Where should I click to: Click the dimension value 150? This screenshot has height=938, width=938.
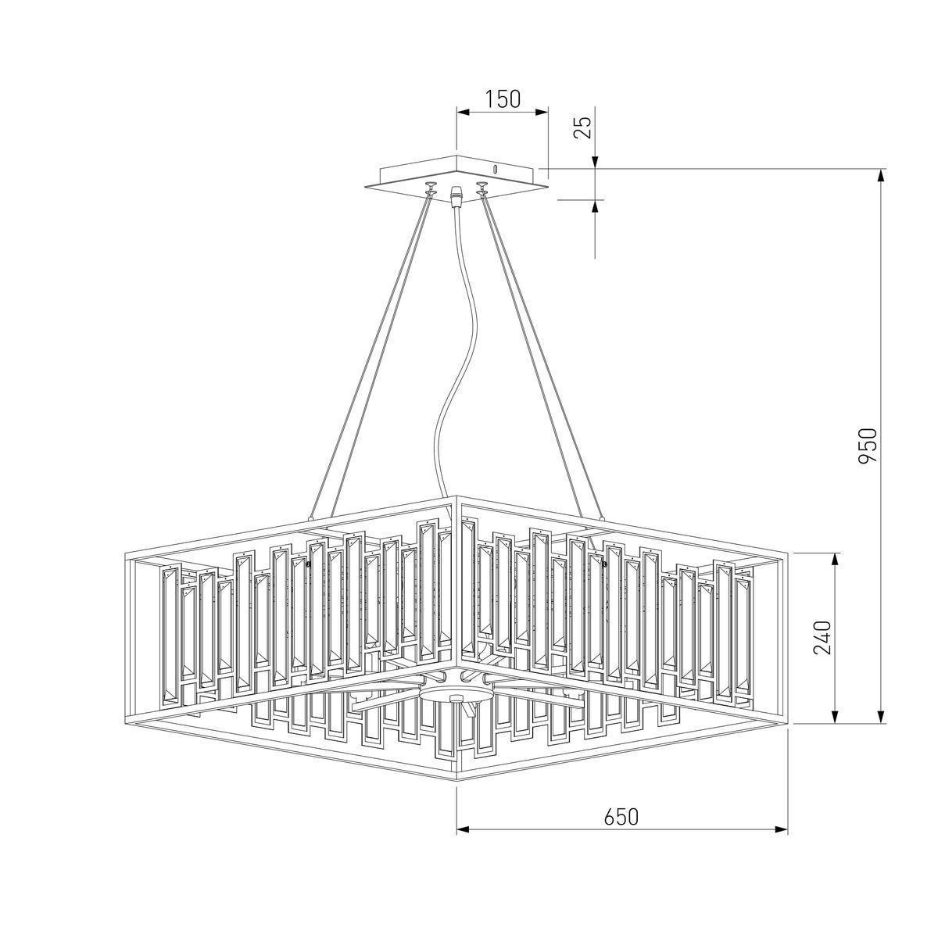pyautogui.click(x=503, y=98)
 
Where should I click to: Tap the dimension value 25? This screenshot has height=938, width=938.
pyautogui.click(x=584, y=128)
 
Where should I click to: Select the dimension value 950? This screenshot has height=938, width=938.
pyautogui.click(x=868, y=446)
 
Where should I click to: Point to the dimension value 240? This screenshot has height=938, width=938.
pyautogui.click(x=822, y=638)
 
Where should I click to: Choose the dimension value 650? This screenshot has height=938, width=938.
pyautogui.click(x=621, y=817)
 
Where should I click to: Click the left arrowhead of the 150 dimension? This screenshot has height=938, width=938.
pyautogui.click(x=463, y=113)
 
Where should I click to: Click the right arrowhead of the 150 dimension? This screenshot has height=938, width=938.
pyautogui.click(x=542, y=113)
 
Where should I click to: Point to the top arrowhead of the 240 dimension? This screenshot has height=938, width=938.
pyautogui.click(x=836, y=560)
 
